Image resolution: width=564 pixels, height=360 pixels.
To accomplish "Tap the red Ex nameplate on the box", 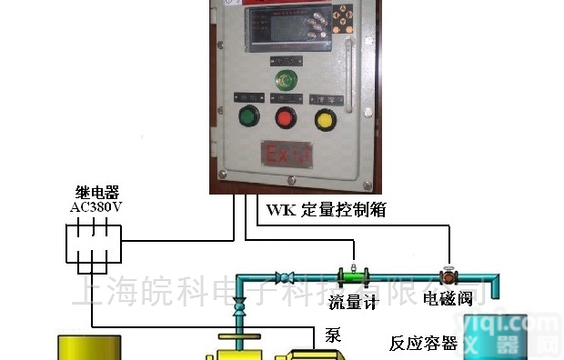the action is point(287,152).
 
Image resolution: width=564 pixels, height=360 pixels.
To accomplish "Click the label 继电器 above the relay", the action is point(96,193).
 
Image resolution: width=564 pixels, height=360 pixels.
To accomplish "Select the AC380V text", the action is point(96,206).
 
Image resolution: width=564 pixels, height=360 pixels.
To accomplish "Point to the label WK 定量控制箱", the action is point(327,210).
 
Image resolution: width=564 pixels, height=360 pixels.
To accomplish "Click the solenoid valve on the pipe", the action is point(448,274).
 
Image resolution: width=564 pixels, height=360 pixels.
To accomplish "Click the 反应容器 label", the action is point(423,344).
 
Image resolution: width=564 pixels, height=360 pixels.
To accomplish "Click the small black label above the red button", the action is point(286,95).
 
